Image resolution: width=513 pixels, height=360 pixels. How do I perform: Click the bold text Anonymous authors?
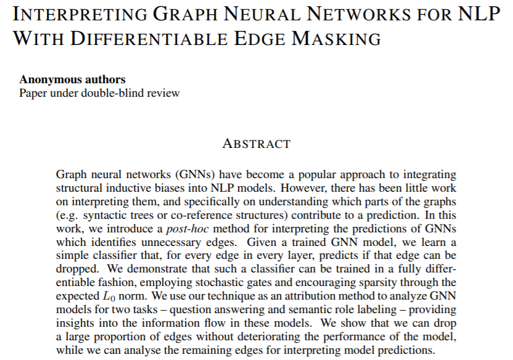tap(72, 80)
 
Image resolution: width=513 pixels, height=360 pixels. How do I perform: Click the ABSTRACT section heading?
tap(256, 144)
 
